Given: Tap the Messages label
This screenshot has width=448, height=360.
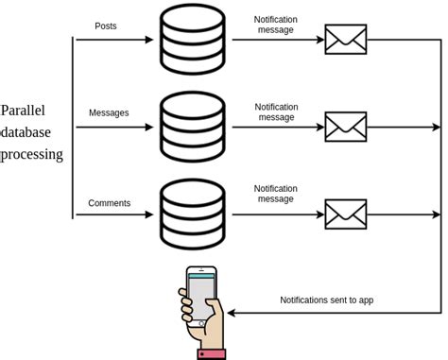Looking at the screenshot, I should click(109, 112).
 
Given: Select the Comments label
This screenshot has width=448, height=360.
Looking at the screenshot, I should click(109, 202).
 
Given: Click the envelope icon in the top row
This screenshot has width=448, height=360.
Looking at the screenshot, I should click(345, 39).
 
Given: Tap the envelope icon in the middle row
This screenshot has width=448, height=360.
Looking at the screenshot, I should click(345, 127).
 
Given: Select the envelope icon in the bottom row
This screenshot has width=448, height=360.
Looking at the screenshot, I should click(345, 214).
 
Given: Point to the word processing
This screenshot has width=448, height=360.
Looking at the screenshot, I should click(32, 153).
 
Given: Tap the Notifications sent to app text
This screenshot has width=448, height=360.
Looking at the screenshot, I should click(327, 300).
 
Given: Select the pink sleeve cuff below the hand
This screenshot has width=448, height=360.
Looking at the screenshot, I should click(212, 353).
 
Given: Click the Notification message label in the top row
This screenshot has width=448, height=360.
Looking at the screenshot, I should click(276, 25).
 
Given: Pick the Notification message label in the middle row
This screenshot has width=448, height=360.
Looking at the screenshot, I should click(276, 111).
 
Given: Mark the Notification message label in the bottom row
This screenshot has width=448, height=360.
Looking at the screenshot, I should click(276, 194).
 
